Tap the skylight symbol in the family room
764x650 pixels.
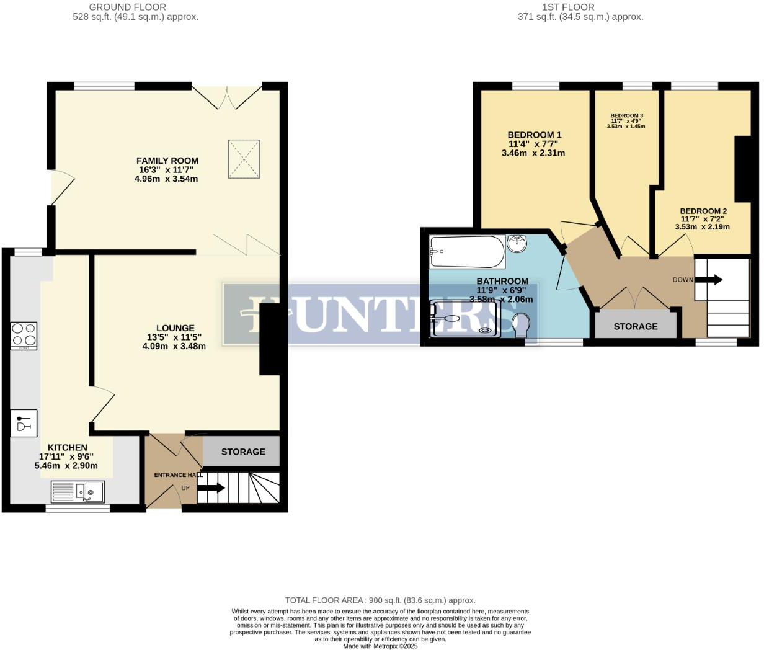click(x=244, y=159)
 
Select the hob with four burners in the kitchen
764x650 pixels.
click(x=24, y=336)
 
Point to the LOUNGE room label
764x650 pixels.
click(x=175, y=328)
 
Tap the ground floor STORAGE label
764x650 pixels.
click(x=243, y=452)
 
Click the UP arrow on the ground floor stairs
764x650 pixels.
click(x=211, y=488)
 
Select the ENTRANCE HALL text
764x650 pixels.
click(x=178, y=475)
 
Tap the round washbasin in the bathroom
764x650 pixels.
click(x=517, y=244)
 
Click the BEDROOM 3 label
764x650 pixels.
click(x=626, y=115)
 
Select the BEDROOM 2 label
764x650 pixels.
click(x=703, y=211)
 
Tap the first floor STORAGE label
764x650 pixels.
click(x=636, y=326)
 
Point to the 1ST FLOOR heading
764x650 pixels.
click(x=567, y=7)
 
